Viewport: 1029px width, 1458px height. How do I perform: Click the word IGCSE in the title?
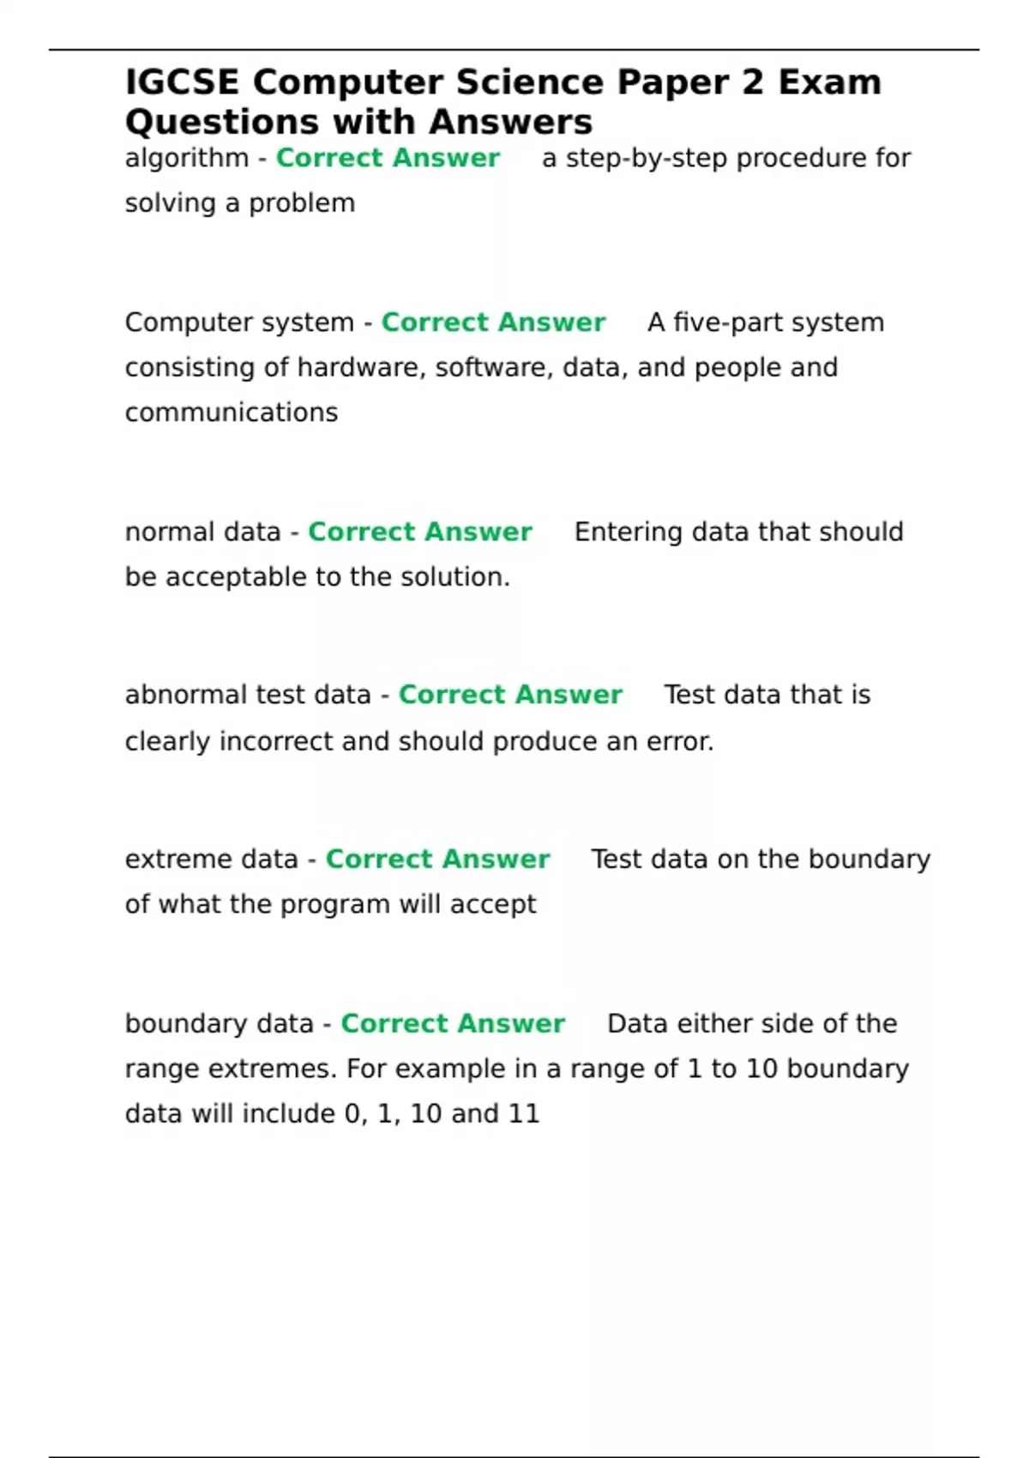pos(182,83)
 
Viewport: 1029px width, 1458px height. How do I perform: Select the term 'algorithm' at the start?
pos(186,159)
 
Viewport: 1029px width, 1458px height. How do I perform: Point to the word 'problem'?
pos(301,204)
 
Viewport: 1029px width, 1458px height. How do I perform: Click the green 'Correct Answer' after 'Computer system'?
pos(493,322)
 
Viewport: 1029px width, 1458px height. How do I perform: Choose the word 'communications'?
pos(232,413)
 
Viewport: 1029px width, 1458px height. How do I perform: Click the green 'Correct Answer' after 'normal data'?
pos(420,532)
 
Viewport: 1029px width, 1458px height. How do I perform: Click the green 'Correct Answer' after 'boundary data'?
pos(453,1024)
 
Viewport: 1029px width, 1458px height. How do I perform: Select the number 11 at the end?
pos(524,1114)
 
